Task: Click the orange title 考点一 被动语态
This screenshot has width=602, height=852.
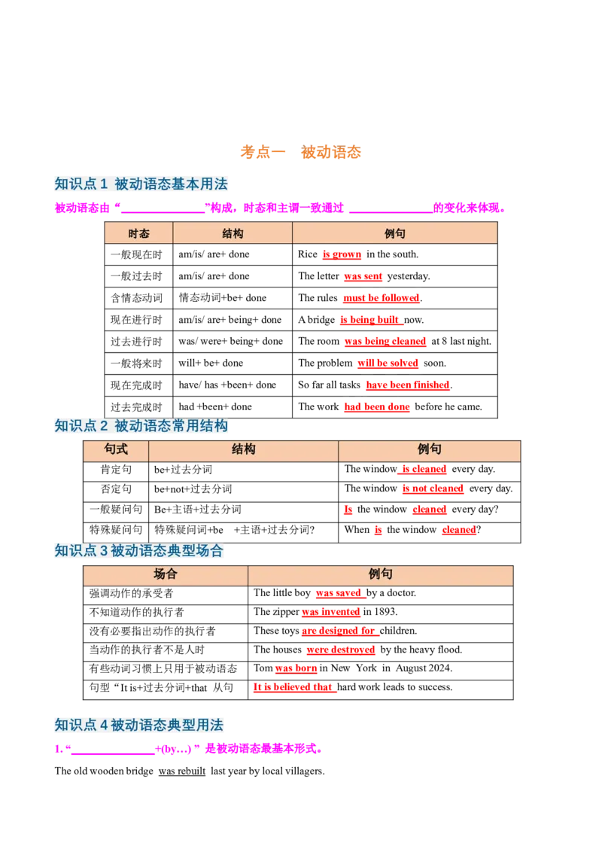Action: point(300,152)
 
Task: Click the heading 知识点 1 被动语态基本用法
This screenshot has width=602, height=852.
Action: point(141,184)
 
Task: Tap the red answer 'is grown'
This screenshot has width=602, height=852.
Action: point(342,254)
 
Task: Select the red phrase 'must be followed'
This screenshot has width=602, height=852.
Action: point(382,298)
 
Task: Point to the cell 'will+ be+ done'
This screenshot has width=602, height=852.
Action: point(211,363)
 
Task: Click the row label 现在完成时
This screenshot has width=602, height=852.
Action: point(136,385)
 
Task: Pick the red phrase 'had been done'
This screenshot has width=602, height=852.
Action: point(377,407)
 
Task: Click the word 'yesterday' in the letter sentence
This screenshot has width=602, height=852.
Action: point(408,276)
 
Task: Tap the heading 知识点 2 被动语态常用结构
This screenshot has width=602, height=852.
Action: point(141,425)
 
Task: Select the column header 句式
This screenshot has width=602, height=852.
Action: point(116,449)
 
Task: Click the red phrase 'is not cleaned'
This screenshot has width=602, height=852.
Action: point(433,488)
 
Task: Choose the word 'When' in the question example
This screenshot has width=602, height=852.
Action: point(357,530)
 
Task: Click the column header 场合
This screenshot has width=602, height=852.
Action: point(165,574)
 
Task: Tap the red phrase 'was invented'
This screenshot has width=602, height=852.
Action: point(331,612)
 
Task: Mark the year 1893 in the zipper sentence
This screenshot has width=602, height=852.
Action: point(385,612)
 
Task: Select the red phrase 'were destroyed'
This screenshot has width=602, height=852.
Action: point(341,650)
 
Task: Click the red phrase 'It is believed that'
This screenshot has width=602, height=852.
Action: point(293,687)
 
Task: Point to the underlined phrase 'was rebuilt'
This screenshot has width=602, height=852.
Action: point(182,771)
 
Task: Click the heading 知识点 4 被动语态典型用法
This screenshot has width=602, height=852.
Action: point(139,725)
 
